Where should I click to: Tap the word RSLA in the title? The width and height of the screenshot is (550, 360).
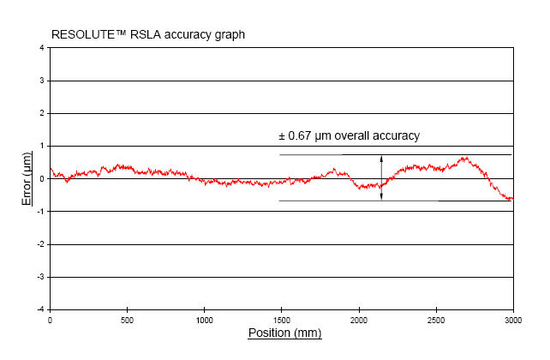141,34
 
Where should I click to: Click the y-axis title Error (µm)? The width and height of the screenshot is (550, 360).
28,178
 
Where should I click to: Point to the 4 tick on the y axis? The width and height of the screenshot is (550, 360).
42,48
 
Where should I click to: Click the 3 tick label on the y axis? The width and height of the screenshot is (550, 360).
42,81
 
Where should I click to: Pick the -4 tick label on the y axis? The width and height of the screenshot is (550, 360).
40,309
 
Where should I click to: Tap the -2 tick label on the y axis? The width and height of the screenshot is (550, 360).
40,244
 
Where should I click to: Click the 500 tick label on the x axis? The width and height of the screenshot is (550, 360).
127,320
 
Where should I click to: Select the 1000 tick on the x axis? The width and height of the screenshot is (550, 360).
204,320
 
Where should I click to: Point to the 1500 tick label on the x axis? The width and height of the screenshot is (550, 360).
281,320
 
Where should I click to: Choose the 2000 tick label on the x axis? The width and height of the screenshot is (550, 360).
359,320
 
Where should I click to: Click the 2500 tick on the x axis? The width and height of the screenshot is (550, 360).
436,320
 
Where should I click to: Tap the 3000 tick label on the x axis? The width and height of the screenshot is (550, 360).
512,320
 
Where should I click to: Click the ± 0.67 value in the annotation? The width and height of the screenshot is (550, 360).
296,135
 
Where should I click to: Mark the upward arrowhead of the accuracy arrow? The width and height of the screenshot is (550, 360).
381,158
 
